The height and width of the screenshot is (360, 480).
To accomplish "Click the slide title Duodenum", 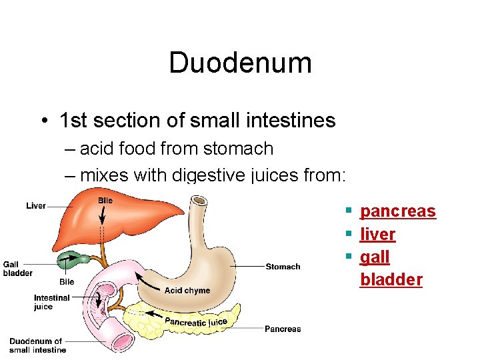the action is pos(240,63).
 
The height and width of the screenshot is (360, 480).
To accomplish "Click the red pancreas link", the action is pos(397,211).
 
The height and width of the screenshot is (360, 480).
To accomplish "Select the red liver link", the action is pos(377,234).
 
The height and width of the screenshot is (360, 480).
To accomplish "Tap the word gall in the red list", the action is pos(375,257).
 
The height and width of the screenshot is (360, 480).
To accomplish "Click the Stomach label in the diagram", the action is pos(283,267).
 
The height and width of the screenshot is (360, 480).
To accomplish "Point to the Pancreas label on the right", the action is pos(283,329).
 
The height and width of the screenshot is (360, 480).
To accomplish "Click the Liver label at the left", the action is pos(36,206).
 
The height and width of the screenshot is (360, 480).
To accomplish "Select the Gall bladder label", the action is pos(17,269).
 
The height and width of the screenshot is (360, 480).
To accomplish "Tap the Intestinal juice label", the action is pos(51,302).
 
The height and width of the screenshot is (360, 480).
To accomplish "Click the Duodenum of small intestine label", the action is pos(37,345).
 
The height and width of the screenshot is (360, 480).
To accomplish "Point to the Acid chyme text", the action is pos(187,291).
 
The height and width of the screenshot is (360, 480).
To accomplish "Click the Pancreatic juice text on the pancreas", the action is pos(196,322).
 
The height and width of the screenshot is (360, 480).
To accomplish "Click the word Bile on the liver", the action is pos(105,201).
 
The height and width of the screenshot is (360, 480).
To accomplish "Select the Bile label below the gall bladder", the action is pos(67,282).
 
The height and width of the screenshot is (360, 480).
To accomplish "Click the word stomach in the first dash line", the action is pos(242,149).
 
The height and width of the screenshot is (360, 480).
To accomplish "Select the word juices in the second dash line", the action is pos(277,175).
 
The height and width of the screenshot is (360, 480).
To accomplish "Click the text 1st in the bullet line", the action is pos(73,121).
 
